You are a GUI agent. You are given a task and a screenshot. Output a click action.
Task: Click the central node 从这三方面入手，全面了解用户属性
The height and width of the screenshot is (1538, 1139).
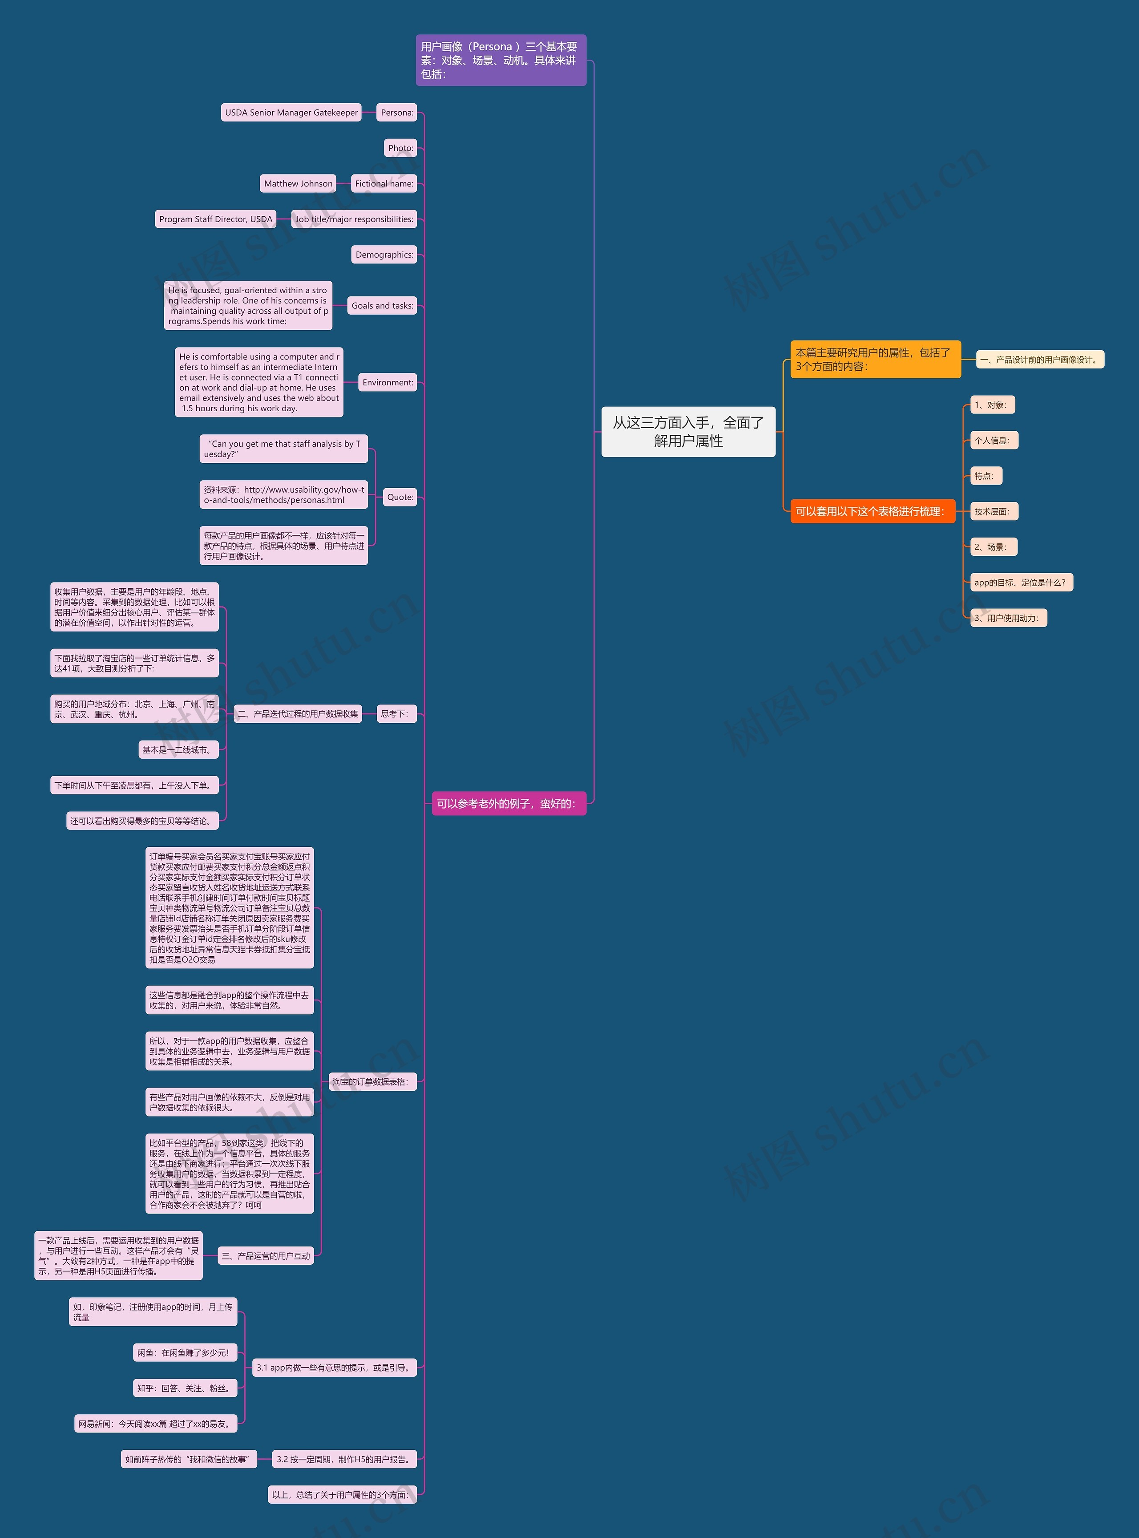[x=688, y=432]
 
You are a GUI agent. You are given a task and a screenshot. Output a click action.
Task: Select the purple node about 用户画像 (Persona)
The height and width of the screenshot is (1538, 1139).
[x=501, y=61]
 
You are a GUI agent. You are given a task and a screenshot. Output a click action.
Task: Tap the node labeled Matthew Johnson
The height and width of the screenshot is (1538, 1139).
[x=298, y=183]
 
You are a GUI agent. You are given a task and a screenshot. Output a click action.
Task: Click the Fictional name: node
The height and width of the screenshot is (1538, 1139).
[x=384, y=183]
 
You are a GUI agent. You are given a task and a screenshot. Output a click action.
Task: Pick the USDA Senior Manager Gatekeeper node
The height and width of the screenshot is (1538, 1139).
[x=291, y=113]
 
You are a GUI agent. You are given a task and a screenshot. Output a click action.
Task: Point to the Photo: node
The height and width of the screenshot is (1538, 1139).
[x=400, y=148]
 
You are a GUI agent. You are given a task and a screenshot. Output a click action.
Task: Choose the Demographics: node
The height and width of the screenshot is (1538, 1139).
[x=384, y=255]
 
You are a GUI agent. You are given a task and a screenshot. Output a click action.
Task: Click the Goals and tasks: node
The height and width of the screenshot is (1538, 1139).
[x=382, y=306]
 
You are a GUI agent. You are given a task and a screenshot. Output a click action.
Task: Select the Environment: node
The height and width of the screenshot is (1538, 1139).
[x=388, y=383]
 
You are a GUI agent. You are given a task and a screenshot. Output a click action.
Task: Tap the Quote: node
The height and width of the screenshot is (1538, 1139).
[x=400, y=497]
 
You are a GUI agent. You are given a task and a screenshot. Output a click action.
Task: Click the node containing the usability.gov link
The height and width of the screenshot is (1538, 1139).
[x=283, y=494]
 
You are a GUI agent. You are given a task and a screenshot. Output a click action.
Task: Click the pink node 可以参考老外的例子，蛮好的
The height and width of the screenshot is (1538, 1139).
[x=508, y=803]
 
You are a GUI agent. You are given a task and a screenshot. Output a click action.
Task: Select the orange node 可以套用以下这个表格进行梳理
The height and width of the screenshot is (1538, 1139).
[x=872, y=511]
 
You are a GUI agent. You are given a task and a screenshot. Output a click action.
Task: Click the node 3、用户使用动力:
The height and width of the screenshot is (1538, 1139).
[x=1008, y=618]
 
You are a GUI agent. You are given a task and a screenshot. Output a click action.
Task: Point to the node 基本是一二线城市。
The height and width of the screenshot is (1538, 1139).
[x=178, y=750]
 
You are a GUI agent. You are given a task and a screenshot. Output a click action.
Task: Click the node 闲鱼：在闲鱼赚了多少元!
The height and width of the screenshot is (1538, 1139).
[x=185, y=1352]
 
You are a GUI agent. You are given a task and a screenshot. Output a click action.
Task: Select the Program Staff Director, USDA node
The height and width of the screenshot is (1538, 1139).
[x=216, y=219]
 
